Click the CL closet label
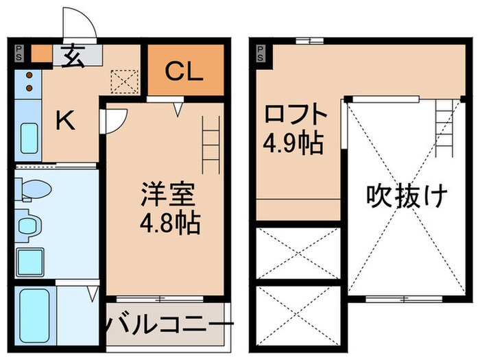(184, 71)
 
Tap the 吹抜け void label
(407, 197)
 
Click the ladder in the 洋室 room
(210, 145)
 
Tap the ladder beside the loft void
(444, 128)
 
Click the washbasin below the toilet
(29, 225)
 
